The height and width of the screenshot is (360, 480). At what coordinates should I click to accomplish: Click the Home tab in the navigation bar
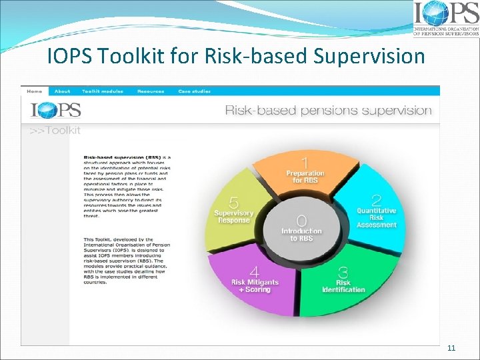[34, 91]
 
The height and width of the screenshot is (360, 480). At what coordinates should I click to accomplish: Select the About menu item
[62, 91]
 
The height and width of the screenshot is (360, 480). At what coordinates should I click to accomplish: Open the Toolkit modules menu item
[103, 91]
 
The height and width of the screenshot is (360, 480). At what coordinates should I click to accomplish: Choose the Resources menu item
[149, 91]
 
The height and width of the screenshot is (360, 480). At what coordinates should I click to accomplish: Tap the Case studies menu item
[193, 91]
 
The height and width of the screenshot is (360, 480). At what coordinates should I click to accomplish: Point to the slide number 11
[451, 347]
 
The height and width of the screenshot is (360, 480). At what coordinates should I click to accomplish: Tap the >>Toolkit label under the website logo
[55, 131]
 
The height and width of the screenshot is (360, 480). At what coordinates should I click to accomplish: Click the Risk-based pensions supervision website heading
[328, 110]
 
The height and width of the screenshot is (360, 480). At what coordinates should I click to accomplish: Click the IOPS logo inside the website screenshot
[55, 110]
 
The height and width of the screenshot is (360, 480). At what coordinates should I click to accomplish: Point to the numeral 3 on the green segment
[343, 271]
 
